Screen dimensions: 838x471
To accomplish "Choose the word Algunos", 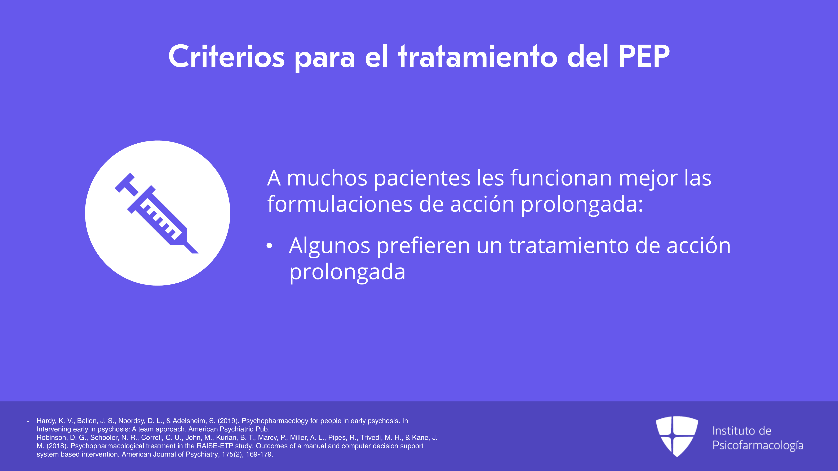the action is tap(329, 246).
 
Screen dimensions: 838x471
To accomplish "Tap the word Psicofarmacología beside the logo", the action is tap(758, 445).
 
